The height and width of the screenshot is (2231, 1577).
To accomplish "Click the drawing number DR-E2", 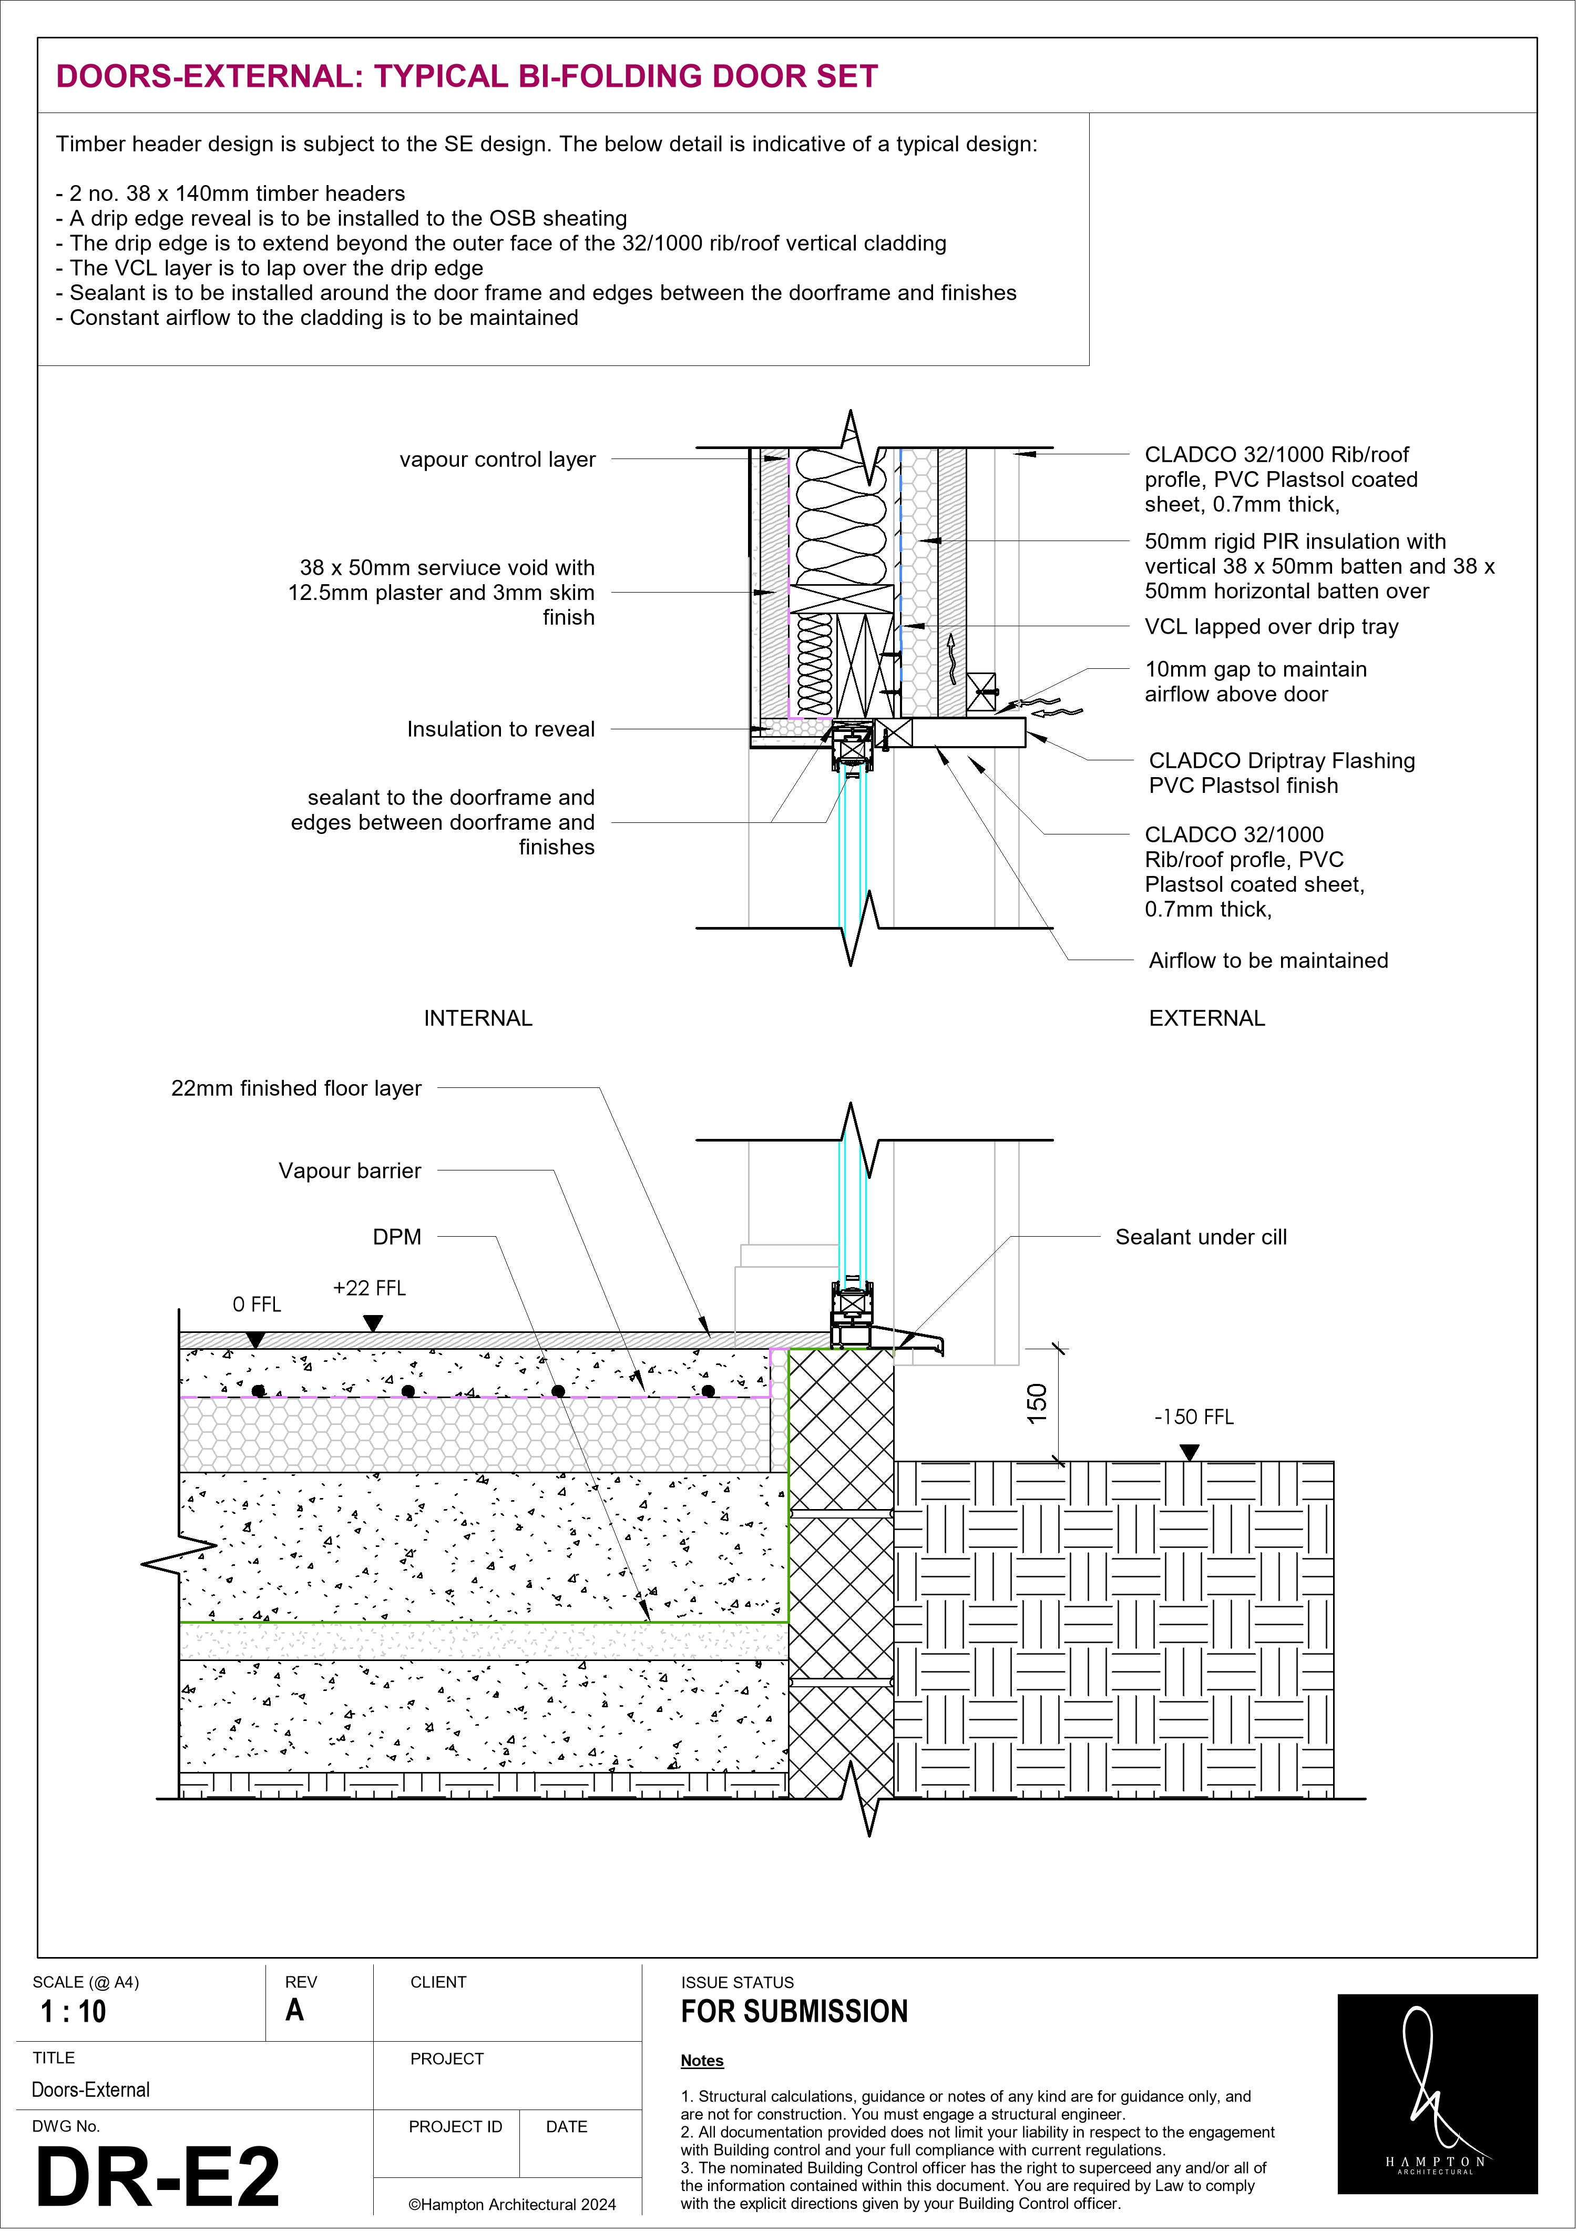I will tap(157, 2177).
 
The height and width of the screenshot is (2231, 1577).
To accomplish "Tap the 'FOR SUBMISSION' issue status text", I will tap(794, 2011).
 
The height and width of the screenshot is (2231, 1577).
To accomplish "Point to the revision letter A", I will tap(294, 2010).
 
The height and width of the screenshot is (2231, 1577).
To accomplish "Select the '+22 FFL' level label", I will tap(369, 1288).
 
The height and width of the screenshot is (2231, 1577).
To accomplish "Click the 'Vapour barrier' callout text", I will tap(350, 1171).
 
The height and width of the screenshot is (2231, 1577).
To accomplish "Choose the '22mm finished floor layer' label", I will tap(296, 1088).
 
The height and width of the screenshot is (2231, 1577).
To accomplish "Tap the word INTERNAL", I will tap(478, 1018).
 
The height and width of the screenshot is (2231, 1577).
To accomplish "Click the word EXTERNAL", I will tap(1207, 1018).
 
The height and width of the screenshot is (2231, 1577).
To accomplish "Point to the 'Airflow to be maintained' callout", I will tap(1268, 960).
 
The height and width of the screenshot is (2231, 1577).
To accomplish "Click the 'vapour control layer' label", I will tap(497, 460).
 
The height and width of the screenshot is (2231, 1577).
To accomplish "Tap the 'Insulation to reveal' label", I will tap(500, 729).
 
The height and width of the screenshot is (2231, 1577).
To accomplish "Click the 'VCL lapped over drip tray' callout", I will tap(1271, 627).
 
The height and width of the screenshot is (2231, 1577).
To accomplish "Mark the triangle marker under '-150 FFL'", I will tap(1189, 1452).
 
